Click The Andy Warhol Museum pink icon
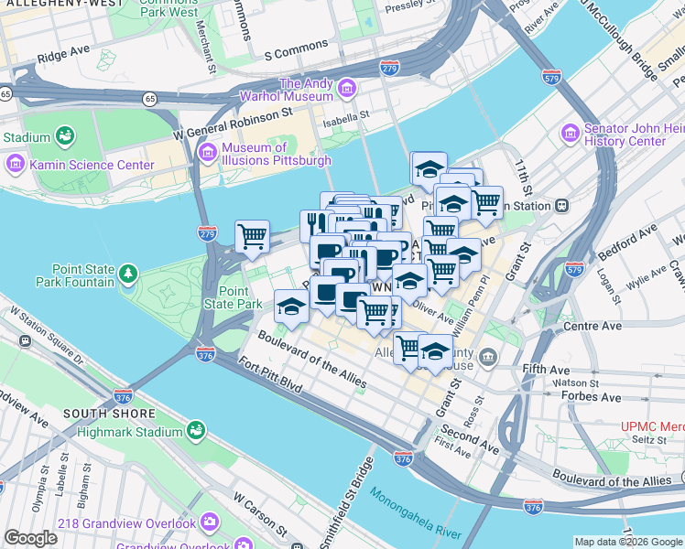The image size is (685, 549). [x=347, y=89]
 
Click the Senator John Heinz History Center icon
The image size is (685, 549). [x=572, y=135]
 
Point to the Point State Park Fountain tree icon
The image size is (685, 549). [x=129, y=274]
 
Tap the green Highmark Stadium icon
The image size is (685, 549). [x=195, y=431]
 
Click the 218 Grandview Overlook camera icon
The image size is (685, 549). [x=210, y=523]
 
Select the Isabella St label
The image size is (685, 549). [x=344, y=115]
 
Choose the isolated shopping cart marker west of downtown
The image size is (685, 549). [x=252, y=236]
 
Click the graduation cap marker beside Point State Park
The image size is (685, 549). [x=291, y=306]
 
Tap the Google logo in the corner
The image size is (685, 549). [x=30, y=538]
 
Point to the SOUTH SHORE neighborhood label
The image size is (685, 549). [x=100, y=414]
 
